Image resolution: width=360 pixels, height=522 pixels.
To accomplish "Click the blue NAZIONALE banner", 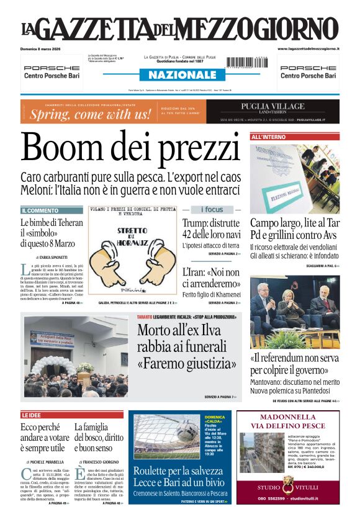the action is coord(178,75).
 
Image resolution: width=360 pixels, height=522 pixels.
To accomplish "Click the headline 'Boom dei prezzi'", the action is coord(130,148).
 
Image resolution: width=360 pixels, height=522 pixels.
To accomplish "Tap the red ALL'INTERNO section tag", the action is coord(269,137).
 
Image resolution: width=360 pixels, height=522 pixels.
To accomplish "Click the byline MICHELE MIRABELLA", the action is coord(47,462).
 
